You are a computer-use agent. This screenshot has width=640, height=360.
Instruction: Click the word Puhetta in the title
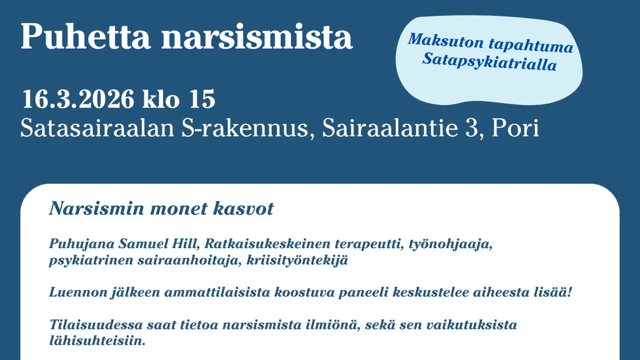click(x=86, y=37)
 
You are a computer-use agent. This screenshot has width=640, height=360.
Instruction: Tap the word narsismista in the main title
click(x=257, y=37)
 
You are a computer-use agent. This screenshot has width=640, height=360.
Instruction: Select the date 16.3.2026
click(x=78, y=99)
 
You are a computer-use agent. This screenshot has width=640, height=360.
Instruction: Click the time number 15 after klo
click(x=202, y=99)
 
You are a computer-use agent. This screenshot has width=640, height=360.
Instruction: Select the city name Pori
click(x=515, y=128)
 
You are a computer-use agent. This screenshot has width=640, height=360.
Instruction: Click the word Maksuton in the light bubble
click(x=446, y=41)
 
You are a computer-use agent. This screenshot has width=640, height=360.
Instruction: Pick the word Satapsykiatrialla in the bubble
click(x=489, y=62)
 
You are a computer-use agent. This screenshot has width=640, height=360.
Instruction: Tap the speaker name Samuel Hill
click(x=158, y=244)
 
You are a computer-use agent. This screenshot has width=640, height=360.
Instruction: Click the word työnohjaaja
click(x=450, y=244)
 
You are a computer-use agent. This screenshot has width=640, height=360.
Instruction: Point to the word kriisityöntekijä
click(x=297, y=261)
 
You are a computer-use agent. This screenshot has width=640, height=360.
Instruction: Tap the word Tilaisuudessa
click(x=96, y=325)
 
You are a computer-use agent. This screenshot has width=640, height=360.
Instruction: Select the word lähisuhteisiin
click(x=97, y=341)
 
